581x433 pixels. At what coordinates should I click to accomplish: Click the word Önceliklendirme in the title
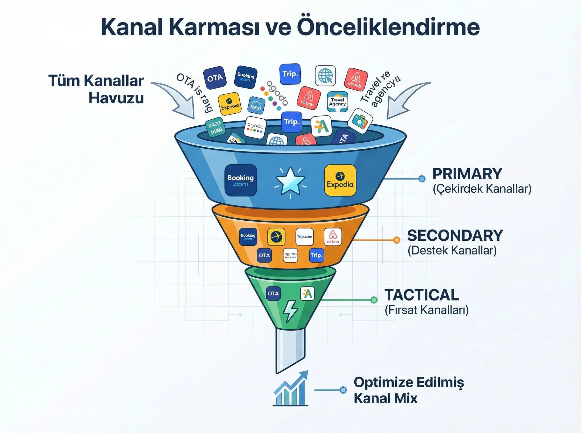388,27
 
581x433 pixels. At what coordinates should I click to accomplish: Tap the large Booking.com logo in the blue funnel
240,180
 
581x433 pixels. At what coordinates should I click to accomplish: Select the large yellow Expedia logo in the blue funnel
340,180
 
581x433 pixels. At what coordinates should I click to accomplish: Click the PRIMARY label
467,173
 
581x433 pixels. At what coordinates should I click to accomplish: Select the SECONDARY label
455,235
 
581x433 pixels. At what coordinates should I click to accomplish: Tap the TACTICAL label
421,295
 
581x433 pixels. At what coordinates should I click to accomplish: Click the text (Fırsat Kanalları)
426,310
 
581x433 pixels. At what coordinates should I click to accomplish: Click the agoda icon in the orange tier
290,255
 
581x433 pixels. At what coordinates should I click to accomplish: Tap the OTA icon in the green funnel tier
273,293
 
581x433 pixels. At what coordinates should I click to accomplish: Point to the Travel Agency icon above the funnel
337,102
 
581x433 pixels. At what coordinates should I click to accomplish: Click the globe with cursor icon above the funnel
325,76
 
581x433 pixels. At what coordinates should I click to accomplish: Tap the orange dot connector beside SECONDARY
397,240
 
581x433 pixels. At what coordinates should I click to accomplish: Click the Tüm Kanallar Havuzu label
96,89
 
